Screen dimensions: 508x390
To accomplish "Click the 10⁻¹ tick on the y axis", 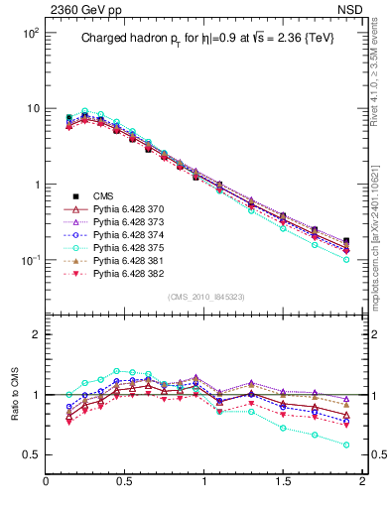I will point(30,260).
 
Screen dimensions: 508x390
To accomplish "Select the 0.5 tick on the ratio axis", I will point(32,455).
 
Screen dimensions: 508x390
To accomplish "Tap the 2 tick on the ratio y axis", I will point(36,334).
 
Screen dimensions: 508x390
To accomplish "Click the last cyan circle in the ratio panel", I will point(346,444).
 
